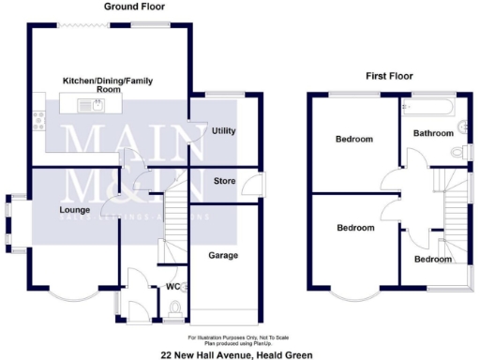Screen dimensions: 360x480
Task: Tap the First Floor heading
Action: coord(388,76)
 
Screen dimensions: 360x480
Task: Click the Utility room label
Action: coord(223,130)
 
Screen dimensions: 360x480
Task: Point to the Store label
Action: coord(224,180)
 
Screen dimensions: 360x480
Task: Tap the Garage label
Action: coord(222,255)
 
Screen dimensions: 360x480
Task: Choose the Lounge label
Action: coord(74,210)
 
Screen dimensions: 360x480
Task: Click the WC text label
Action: coord(172,286)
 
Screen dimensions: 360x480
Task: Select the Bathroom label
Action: coord(433,133)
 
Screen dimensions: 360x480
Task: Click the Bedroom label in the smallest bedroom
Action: coord(432,259)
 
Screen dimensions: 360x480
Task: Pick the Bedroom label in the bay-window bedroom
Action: coord(355,228)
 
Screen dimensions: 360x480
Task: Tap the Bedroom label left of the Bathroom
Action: coord(354,140)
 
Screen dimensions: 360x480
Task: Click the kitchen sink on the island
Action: coord(95,106)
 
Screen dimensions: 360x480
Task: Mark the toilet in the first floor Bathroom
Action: coord(458,151)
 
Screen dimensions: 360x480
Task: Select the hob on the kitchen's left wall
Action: coord(39,118)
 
